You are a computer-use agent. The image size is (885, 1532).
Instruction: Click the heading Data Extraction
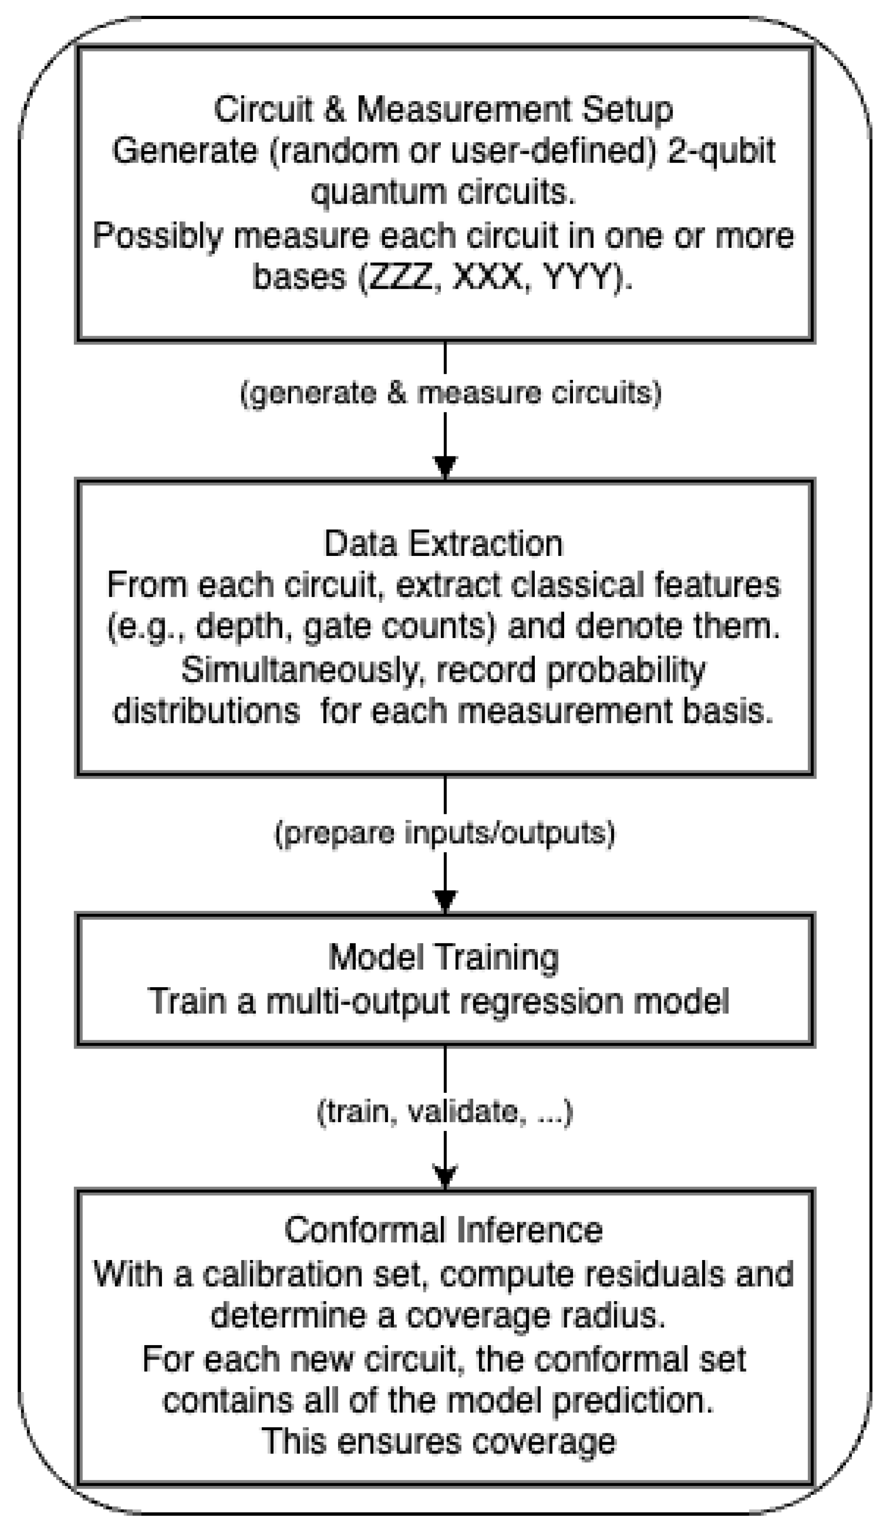pos(443,543)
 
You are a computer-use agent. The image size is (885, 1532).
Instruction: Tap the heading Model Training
pos(443,958)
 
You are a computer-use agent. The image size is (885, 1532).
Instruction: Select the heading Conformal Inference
pos(443,1230)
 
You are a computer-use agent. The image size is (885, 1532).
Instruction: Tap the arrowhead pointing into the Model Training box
pos(445,900)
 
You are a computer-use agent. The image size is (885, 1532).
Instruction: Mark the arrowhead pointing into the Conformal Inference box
pos(445,1175)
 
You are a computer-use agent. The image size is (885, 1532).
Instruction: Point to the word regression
pos(541,1002)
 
